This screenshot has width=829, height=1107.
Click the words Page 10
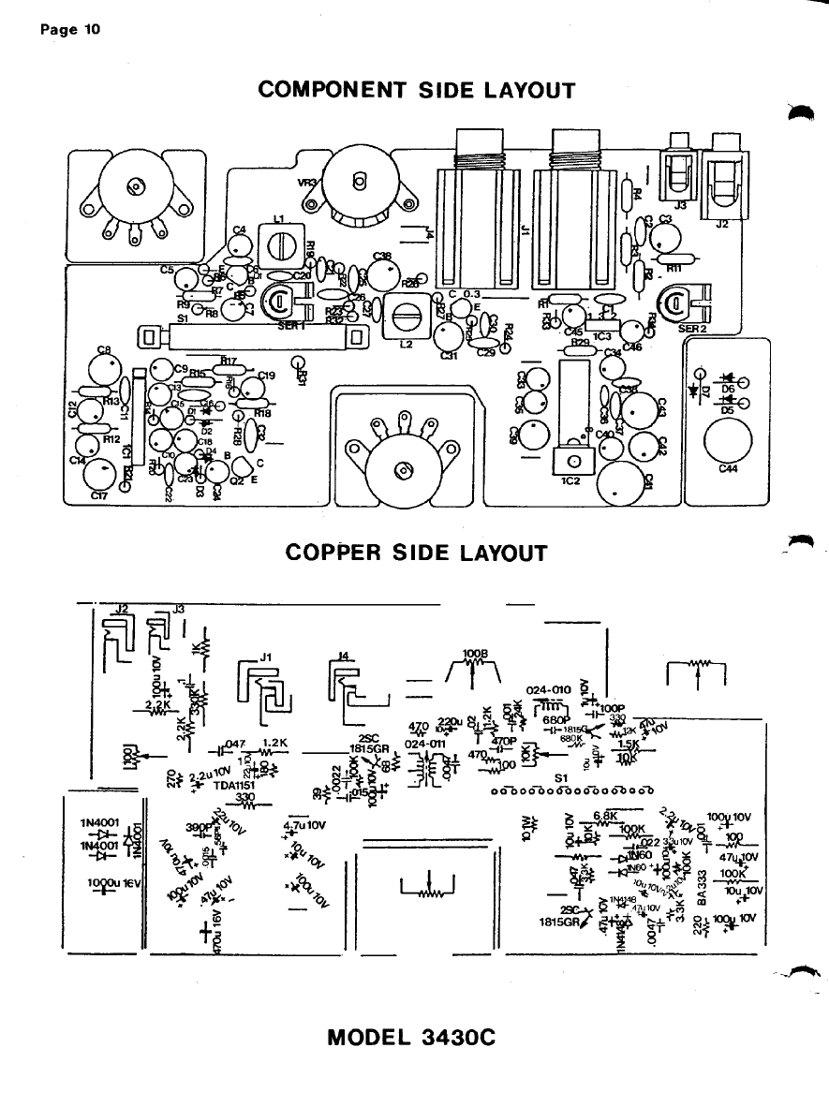click(70, 28)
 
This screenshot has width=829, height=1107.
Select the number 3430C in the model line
click(452, 1038)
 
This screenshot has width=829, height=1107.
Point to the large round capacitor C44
click(725, 437)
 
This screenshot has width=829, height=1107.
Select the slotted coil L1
click(279, 247)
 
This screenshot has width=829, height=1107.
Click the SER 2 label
click(693, 329)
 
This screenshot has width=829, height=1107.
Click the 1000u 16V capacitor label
click(111, 882)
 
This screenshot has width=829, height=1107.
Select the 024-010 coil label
click(549, 689)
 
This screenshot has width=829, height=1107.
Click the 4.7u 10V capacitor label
click(303, 825)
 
